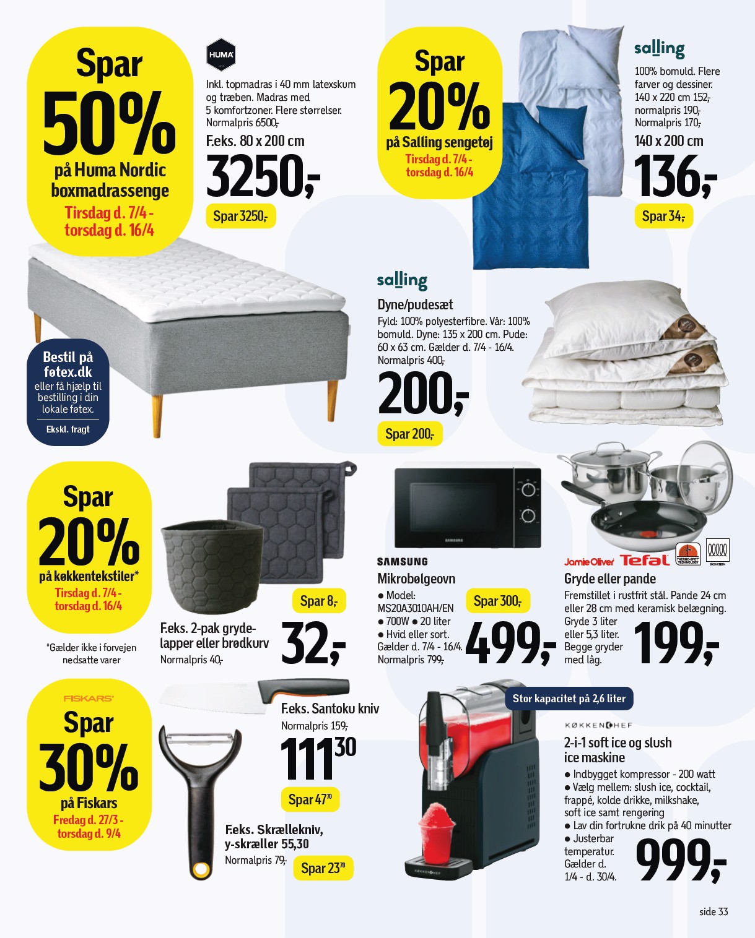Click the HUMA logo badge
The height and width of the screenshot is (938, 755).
coord(220,54)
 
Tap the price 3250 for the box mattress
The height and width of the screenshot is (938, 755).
coord(261,177)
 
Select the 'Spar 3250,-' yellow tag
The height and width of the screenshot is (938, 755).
coord(240,217)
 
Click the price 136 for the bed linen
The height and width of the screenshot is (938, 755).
coord(674,177)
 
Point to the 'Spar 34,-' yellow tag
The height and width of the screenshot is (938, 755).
coord(663,217)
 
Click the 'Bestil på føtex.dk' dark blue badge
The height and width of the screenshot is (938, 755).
coord(68,391)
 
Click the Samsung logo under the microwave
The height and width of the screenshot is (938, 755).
coord(403,562)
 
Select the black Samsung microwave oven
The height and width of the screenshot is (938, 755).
coord(468,507)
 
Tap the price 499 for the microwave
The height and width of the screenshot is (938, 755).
coord(509,643)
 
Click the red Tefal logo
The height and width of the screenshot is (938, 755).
coord(645,561)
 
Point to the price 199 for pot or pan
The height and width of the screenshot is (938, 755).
coord(675,643)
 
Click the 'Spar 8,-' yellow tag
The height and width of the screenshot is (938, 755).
coord(318,601)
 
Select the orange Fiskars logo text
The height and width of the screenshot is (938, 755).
coord(89,698)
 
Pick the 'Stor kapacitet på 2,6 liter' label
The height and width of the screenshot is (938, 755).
coord(569,699)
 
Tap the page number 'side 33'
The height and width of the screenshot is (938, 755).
coord(714,911)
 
